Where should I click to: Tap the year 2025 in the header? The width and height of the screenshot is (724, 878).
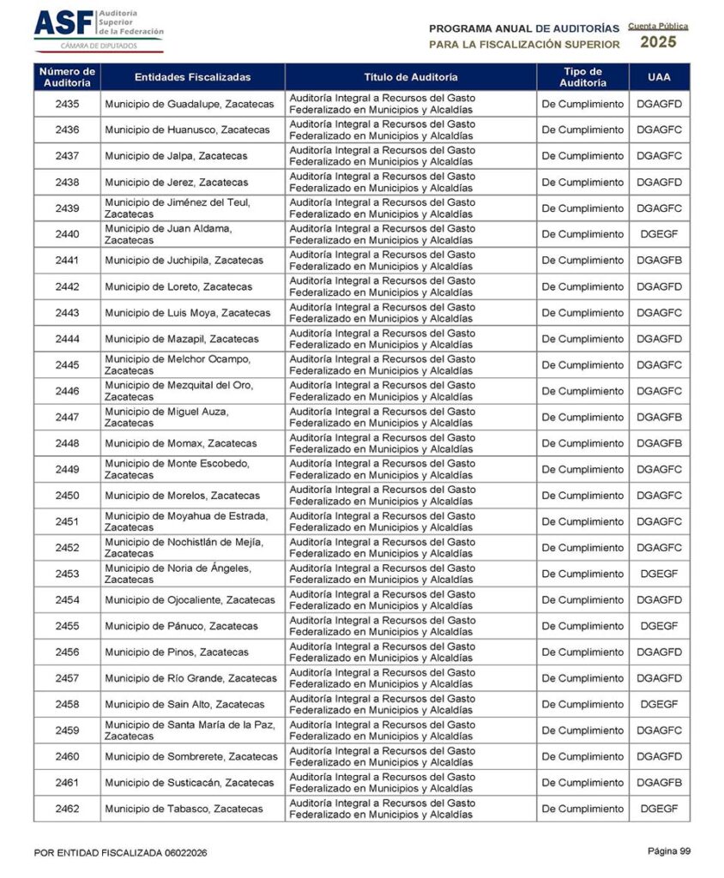[658, 42]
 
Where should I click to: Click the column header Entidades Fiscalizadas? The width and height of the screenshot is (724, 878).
[192, 77]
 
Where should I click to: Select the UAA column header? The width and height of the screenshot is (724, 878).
[659, 77]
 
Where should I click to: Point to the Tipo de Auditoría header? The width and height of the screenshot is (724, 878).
[582, 77]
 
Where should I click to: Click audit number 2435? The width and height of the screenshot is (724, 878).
[67, 104]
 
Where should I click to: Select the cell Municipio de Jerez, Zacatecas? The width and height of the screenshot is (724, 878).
[176, 183]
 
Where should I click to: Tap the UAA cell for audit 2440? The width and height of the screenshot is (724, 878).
[659, 234]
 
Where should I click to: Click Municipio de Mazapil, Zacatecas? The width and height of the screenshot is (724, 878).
[181, 340]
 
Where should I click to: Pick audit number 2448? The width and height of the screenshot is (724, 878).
[67, 443]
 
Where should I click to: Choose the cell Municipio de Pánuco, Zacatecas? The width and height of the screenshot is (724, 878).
[181, 627]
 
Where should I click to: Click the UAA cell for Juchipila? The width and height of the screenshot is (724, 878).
[659, 261]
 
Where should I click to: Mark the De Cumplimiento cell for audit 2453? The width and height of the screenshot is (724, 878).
[582, 574]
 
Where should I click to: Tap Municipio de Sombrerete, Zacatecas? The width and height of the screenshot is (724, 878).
[191, 757]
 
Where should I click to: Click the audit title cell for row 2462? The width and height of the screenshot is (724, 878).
[411, 809]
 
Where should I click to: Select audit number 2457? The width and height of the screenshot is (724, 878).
[67, 679]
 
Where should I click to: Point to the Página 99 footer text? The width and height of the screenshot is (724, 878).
[668, 851]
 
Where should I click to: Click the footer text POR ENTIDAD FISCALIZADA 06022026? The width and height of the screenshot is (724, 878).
[120, 853]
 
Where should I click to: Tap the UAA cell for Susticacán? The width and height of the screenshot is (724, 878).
[659, 783]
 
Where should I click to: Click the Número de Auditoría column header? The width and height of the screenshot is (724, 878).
[67, 77]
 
